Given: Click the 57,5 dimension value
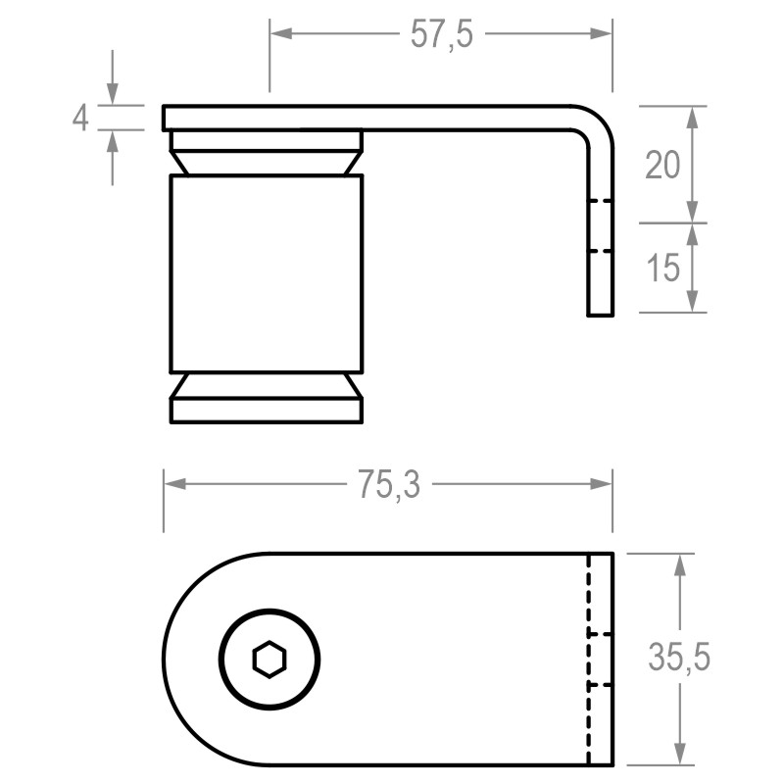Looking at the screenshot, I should pyautogui.click(x=440, y=35).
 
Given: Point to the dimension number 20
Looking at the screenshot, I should pyautogui.click(x=662, y=166).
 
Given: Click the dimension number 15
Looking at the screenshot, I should pyautogui.click(x=663, y=268).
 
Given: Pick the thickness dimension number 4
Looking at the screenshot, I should pyautogui.click(x=81, y=119).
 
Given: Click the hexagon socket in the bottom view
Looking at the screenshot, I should pyautogui.click(x=269, y=659).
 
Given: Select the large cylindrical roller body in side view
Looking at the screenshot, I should pyautogui.click(x=267, y=273).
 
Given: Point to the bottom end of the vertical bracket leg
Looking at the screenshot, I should pyautogui.click(x=600, y=313).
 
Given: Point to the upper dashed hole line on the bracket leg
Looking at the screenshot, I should pyautogui.click(x=600, y=202).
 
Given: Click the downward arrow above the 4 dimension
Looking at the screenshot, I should pyautogui.click(x=114, y=93).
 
